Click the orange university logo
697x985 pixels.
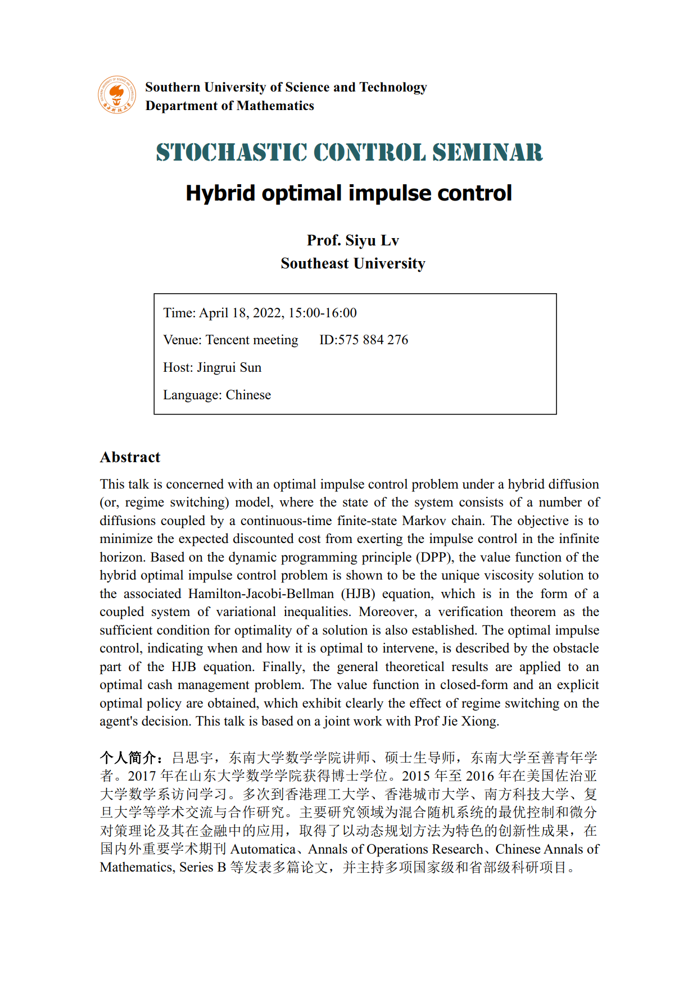117,95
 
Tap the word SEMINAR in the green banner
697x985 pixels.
487,153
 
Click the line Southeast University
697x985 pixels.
353,263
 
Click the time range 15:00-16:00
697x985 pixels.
323,313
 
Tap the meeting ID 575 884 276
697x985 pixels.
373,340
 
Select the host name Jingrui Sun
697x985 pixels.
229,367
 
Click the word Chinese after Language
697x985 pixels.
248,395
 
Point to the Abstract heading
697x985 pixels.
130,457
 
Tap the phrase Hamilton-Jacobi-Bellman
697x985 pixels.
261,594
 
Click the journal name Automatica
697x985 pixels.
262,849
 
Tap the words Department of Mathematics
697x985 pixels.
229,106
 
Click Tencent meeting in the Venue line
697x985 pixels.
252,340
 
